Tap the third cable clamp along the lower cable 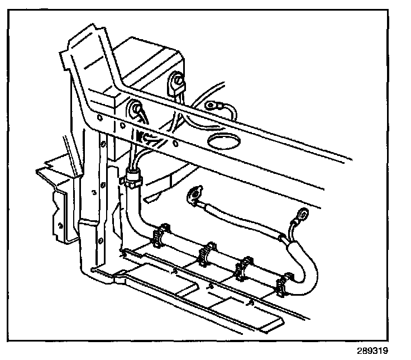pyautogui.click(x=245, y=267)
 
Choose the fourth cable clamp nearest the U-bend pyautogui.click(x=285, y=282)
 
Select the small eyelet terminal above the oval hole pyautogui.click(x=213, y=105)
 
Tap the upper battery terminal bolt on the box pyautogui.click(x=178, y=84)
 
